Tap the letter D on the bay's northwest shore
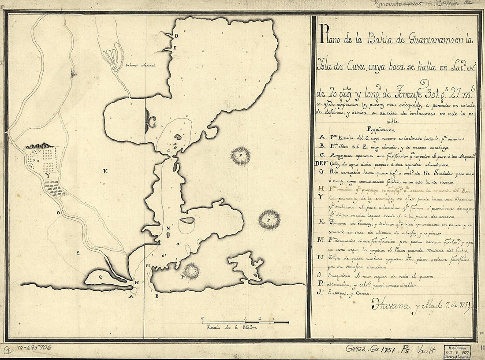175,35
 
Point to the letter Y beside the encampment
47,175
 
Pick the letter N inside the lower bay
168,228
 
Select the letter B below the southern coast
157,296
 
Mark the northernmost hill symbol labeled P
241,156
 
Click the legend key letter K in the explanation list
322,223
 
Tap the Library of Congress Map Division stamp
459,350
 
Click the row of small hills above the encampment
40,146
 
